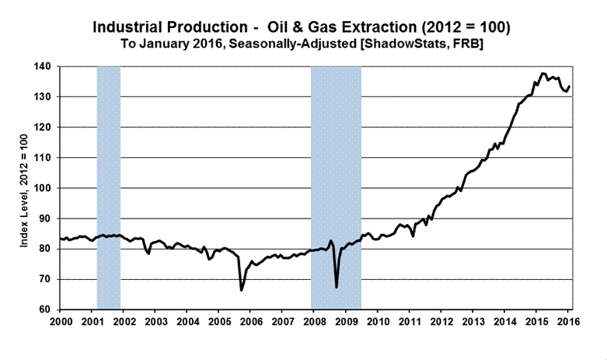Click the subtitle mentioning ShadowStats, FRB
(x=302, y=44)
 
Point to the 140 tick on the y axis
(x=44, y=67)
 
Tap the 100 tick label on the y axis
(x=44, y=188)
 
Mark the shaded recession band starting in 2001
(x=108, y=187)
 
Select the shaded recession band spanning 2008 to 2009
(x=336, y=187)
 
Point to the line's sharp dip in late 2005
(x=241, y=290)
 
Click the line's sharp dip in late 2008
(x=336, y=287)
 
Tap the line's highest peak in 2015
(x=542, y=73)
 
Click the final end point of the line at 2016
(x=569, y=86)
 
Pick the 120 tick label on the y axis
(x=44, y=128)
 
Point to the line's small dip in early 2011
(x=413, y=235)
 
